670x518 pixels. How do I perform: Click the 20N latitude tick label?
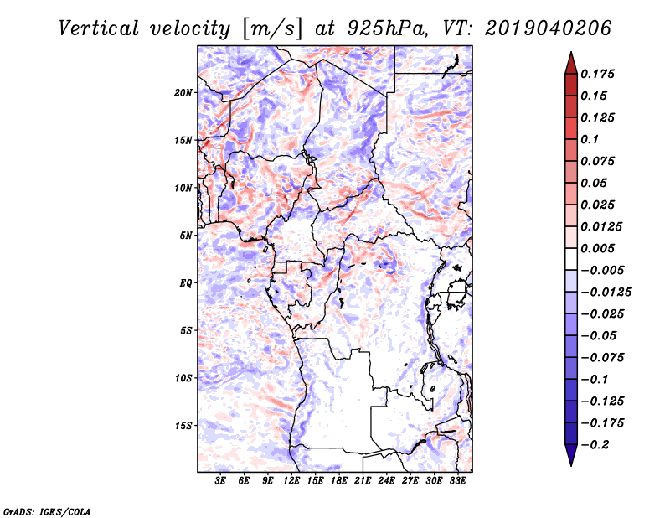pos(183,92)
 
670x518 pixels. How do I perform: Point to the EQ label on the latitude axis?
pos(186,283)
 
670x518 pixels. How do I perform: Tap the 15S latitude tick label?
pos(183,426)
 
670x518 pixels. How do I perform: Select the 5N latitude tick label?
pos(186,236)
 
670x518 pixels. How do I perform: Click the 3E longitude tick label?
pos(221,481)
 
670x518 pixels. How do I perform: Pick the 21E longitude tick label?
pos(363,481)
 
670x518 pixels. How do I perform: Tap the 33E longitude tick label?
pos(456,481)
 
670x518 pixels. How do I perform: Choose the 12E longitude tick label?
pos(291,481)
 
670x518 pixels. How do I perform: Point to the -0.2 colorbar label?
pos(595,444)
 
